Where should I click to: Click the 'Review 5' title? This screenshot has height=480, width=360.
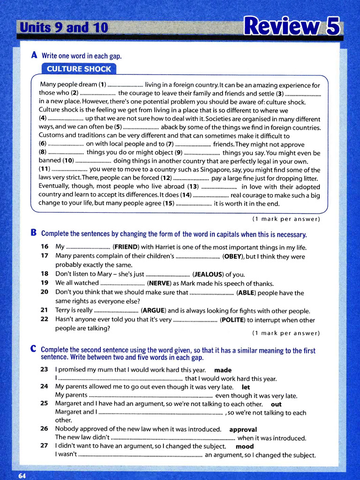(292, 27)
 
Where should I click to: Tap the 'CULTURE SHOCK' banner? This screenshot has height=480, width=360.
(79, 69)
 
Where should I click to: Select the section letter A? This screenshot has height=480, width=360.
(34, 55)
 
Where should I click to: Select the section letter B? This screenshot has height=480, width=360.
(33, 233)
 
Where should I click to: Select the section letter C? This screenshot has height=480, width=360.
(33, 349)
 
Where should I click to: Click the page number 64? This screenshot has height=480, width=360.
(22, 475)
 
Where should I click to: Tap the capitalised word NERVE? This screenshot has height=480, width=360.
(162, 284)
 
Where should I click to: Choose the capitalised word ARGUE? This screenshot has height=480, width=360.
(153, 311)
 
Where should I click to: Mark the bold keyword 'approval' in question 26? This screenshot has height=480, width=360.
(243, 429)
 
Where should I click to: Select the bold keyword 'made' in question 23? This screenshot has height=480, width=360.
(223, 370)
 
